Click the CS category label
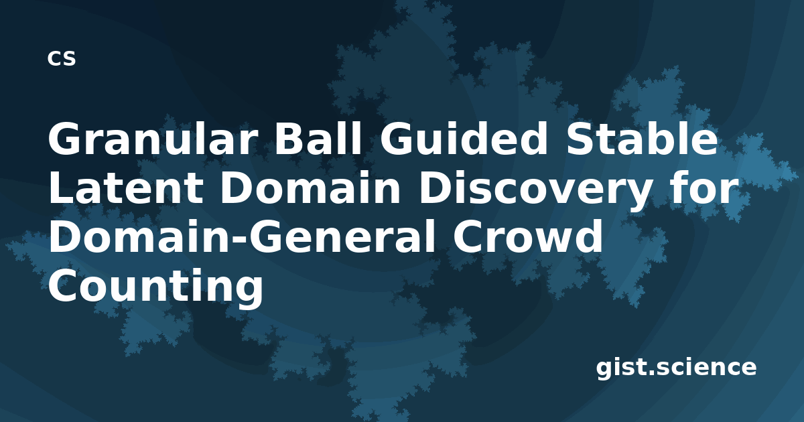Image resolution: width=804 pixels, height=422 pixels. click(x=62, y=58)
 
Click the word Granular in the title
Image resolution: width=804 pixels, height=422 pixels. click(x=153, y=139)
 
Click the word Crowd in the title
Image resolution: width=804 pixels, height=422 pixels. click(x=528, y=236)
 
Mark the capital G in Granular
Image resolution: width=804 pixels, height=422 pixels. click(x=64, y=139)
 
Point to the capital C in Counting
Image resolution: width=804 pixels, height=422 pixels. click(x=63, y=286)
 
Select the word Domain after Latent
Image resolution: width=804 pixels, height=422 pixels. click(x=310, y=188)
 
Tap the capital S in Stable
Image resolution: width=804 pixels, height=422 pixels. click(x=580, y=139)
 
